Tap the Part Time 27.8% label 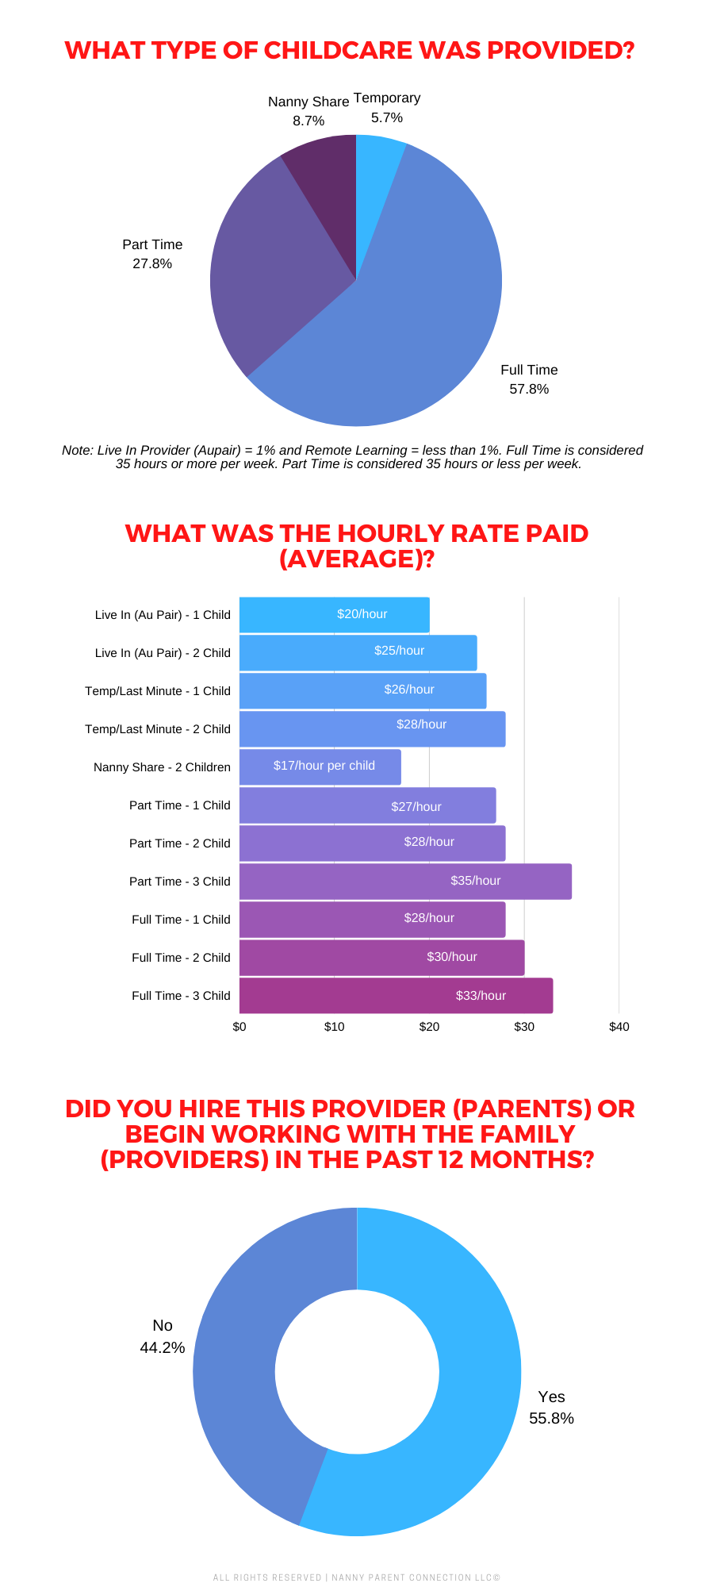[x=152, y=254]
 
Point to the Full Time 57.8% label [x=529, y=379]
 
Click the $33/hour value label [x=481, y=995]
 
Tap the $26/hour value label [x=409, y=690]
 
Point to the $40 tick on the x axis [x=619, y=1027]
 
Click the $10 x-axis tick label [x=334, y=1027]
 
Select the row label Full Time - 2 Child [x=181, y=958]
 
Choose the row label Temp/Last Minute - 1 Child [x=158, y=691]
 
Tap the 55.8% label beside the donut [x=551, y=1418]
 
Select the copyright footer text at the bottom [x=356, y=1577]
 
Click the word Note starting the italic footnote [x=77, y=450]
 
